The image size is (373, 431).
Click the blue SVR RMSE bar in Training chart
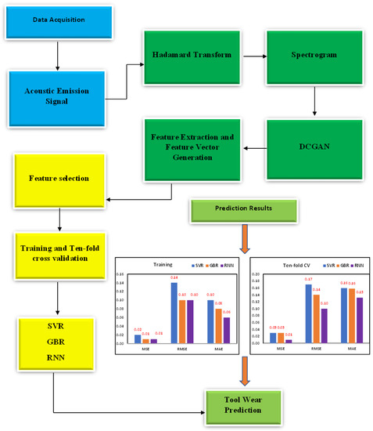[x=174, y=313]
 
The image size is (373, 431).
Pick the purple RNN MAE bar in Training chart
[x=227, y=330]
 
